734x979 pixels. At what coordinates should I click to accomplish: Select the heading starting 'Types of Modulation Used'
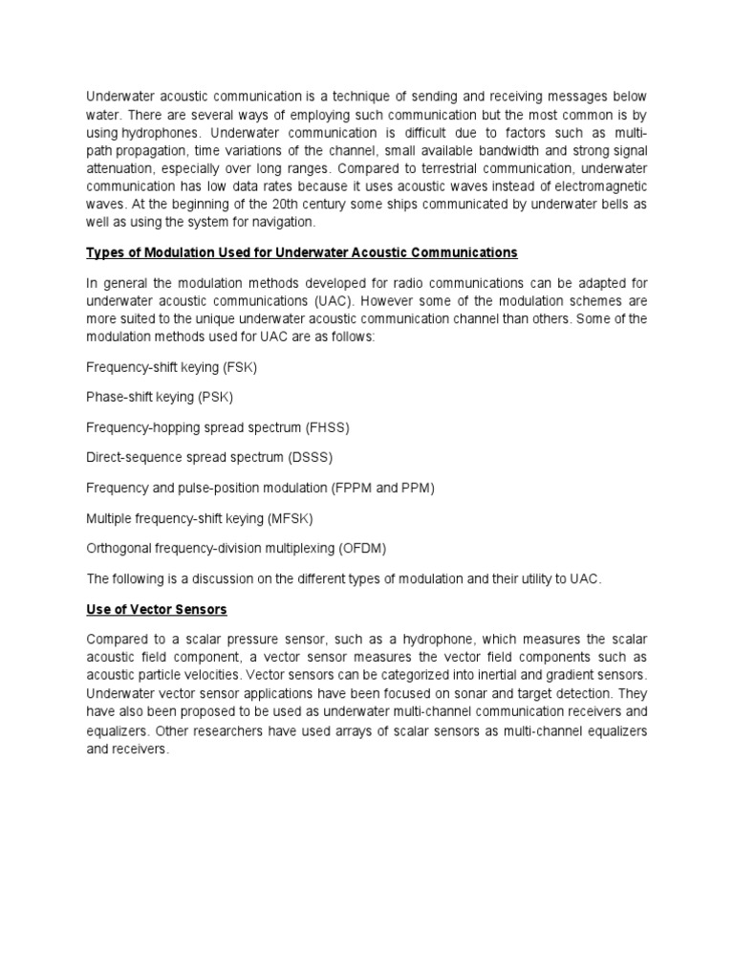(302, 252)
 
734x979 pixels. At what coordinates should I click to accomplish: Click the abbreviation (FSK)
(239, 367)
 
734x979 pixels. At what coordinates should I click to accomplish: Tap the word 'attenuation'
(122, 171)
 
